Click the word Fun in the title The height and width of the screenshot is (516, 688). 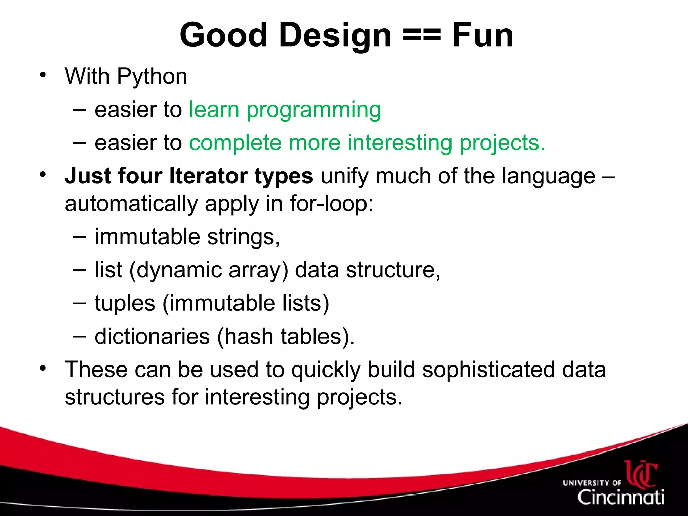[x=482, y=35]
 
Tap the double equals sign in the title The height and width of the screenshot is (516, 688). [x=421, y=35]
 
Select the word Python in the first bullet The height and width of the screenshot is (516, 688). [x=152, y=77]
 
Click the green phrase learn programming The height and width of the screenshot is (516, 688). [x=285, y=110]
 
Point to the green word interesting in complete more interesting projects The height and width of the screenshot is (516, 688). [x=399, y=143]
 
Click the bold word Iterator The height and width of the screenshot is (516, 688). [x=208, y=176]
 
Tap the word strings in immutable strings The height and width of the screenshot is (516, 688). [x=243, y=237]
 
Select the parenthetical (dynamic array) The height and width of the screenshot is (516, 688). [x=209, y=270]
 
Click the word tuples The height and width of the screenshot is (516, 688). [x=125, y=303]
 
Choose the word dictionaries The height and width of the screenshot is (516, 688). [x=152, y=337]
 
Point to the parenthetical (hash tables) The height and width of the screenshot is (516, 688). [x=286, y=337]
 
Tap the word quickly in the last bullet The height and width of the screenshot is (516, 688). [x=326, y=370]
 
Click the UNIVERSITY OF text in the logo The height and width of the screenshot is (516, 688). [x=592, y=483]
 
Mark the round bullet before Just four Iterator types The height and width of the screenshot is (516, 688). [x=42, y=175]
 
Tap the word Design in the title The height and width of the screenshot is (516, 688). [x=335, y=35]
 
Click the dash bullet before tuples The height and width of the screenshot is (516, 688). [x=79, y=303]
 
